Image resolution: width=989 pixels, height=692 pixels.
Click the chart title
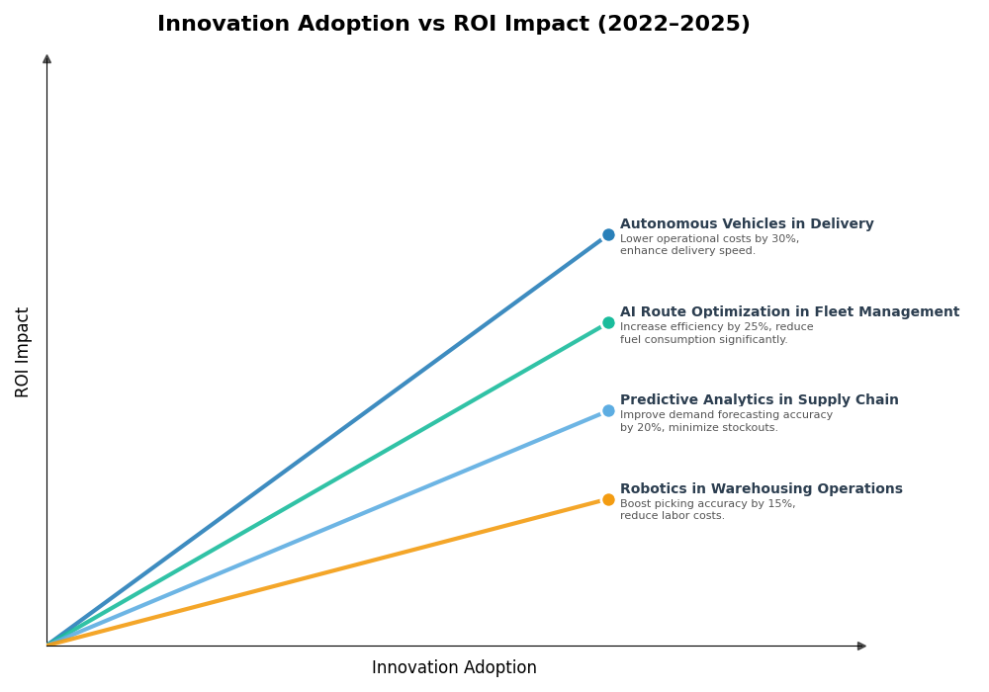coord(453,25)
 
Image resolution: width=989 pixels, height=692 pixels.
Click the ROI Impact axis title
coord(23,352)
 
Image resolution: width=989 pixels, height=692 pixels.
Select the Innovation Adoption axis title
coord(454,668)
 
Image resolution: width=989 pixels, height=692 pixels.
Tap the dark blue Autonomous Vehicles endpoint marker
coord(608,235)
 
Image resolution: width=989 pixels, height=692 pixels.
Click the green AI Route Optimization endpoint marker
coord(608,323)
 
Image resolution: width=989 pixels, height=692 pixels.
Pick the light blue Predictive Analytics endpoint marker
coord(608,411)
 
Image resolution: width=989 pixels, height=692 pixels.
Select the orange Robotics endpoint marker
coord(608,499)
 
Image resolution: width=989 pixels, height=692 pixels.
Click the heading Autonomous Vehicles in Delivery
coord(747,224)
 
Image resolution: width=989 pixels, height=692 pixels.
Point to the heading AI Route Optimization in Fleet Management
coord(789,312)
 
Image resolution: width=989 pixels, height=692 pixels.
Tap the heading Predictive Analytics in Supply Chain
coord(759,400)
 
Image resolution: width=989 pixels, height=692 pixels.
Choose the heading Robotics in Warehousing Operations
coord(761,489)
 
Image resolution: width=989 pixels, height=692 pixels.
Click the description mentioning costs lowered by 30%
coord(709,245)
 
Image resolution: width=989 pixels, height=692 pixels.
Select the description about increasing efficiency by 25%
coord(716,333)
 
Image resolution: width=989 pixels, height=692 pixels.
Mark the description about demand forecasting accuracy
coord(726,422)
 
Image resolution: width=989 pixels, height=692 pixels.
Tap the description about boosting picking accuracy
coord(707,510)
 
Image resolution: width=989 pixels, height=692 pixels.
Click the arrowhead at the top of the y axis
coord(46,59)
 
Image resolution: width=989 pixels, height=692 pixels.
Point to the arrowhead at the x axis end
coord(861,646)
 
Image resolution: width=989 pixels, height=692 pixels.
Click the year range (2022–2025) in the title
coord(674,25)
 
